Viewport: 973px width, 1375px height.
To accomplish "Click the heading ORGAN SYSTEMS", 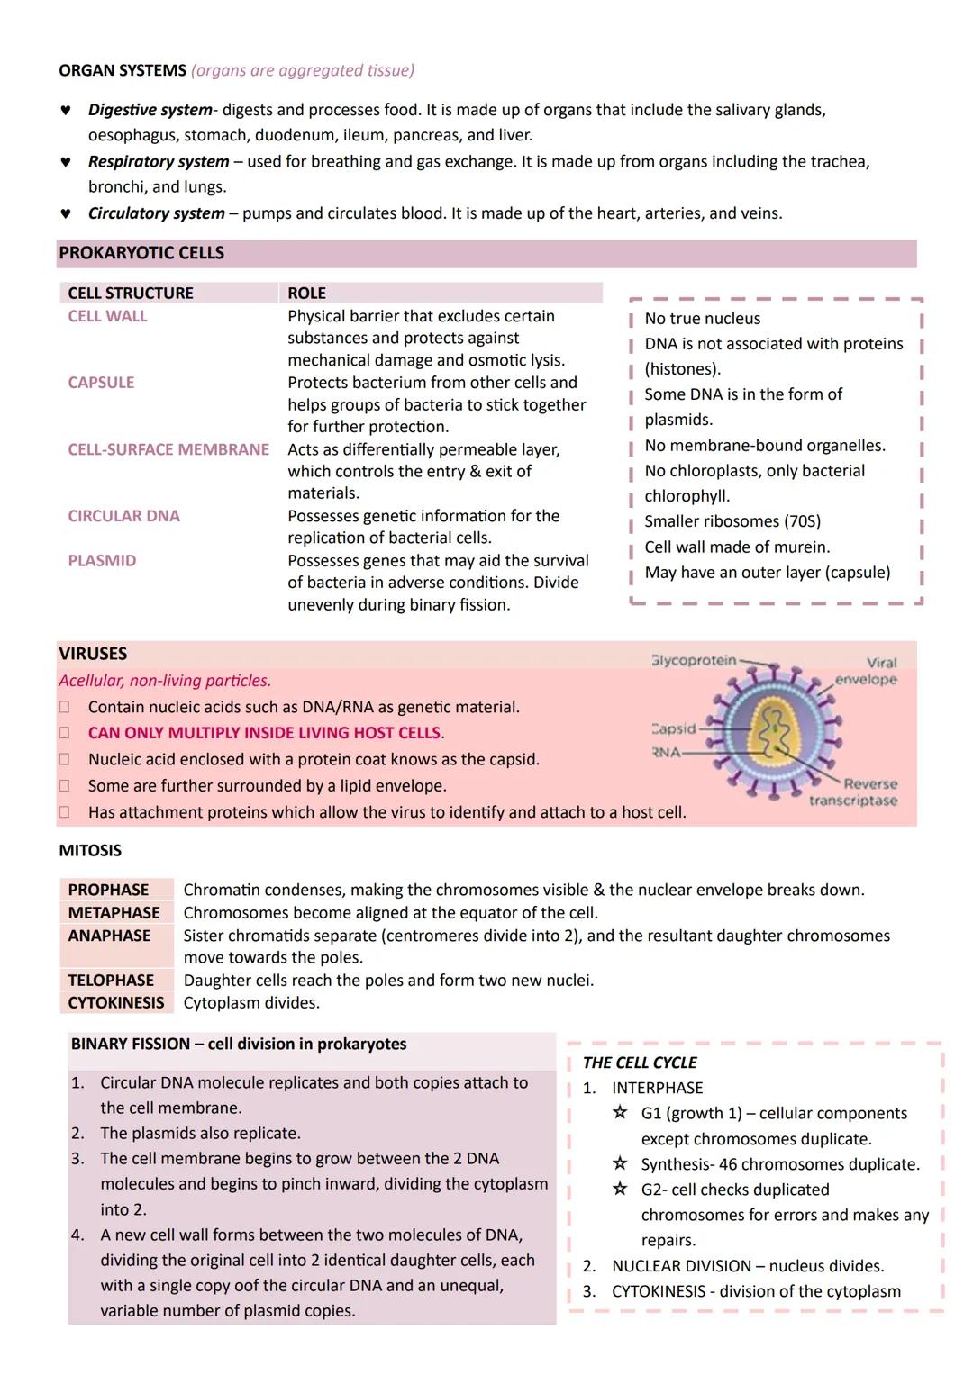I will (x=123, y=70).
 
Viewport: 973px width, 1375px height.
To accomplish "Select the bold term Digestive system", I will (x=150, y=110).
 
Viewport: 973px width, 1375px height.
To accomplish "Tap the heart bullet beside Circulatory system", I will (x=65, y=214).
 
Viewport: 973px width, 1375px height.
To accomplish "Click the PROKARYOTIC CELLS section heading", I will (x=141, y=253).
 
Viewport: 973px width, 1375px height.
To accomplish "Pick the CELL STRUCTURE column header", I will (x=131, y=294).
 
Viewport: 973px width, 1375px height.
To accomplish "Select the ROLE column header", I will (x=306, y=294).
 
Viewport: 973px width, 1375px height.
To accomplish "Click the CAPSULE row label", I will (x=101, y=383).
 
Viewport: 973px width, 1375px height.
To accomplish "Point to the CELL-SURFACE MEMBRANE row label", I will (x=168, y=449).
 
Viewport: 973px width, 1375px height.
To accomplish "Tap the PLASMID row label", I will (x=102, y=561).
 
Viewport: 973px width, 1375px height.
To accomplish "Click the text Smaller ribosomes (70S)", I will (x=732, y=521).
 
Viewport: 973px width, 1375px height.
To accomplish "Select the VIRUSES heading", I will (x=93, y=654).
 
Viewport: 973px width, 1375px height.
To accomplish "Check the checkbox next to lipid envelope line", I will (x=65, y=786).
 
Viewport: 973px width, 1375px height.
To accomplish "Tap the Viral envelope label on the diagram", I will (x=867, y=671).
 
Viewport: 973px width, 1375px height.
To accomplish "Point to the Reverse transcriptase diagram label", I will (x=854, y=792).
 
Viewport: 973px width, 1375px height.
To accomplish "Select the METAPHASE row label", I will (x=114, y=913).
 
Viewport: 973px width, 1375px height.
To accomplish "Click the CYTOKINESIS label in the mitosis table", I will (x=116, y=1003).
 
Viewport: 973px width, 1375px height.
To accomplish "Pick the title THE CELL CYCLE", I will (x=640, y=1063).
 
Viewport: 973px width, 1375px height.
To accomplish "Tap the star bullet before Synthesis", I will (x=620, y=1164).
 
